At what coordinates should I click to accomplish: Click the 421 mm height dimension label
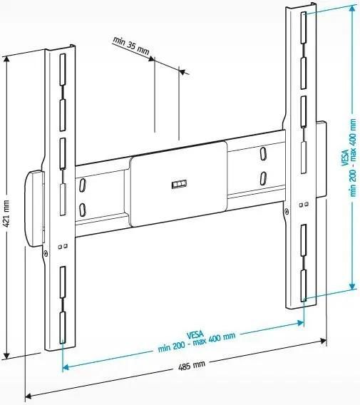(x=6, y=213)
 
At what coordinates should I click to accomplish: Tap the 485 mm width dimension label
(x=192, y=366)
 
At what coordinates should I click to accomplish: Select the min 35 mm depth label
(x=131, y=46)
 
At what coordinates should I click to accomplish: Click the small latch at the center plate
(x=179, y=184)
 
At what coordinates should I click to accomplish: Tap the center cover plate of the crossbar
(x=179, y=184)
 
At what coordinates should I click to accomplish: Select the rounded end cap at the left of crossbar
(x=35, y=208)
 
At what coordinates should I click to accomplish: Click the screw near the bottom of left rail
(x=46, y=254)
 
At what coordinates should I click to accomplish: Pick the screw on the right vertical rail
(x=286, y=211)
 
